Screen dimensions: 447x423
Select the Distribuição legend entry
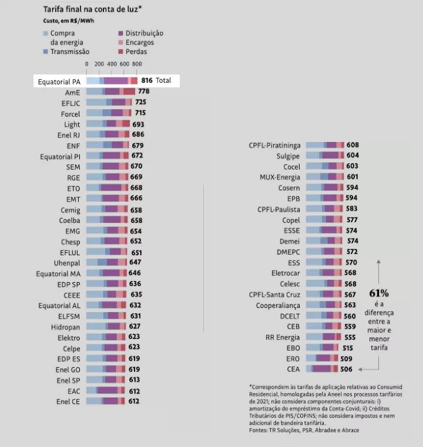(x=140, y=33)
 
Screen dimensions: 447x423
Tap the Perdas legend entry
(x=136, y=52)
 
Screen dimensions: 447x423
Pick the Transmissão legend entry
(x=70, y=52)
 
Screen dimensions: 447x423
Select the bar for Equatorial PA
(x=112, y=80)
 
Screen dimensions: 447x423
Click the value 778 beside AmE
(x=143, y=92)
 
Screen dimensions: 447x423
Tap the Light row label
(x=72, y=124)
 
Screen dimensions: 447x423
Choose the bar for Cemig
(x=106, y=209)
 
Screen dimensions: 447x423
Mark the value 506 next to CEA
(x=346, y=369)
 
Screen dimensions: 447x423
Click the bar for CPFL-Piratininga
(x=325, y=145)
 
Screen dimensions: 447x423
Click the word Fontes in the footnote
(x=260, y=430)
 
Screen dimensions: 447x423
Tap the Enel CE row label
(x=68, y=401)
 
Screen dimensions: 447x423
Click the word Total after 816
(x=163, y=80)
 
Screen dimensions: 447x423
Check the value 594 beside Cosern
(x=352, y=188)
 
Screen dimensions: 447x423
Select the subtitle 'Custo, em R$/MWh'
(x=69, y=21)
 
